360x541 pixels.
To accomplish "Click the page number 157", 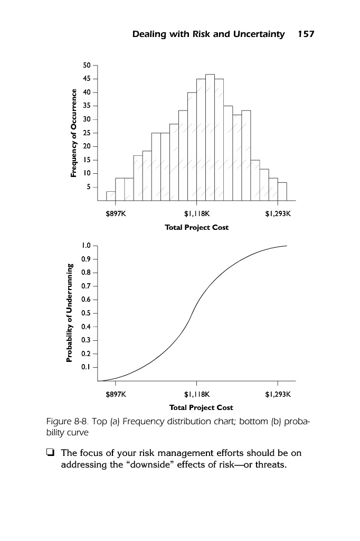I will coord(306,34).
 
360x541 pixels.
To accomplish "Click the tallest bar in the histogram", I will coord(210,137).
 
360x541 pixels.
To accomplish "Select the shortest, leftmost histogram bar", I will coord(111,196).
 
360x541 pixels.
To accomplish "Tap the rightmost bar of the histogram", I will coord(282,192).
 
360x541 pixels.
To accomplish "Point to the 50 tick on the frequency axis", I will coord(87,65).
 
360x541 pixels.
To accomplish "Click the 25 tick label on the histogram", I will coord(87,133).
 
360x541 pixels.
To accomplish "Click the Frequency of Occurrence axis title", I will coord(74,133).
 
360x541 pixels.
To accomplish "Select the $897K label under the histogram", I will coord(116,214).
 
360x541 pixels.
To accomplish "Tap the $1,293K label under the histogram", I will coord(278,214).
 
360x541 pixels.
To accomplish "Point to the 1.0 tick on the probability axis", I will coord(87,246).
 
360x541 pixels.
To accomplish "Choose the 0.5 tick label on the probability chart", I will coord(87,313).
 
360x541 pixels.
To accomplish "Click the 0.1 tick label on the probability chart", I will coord(87,367).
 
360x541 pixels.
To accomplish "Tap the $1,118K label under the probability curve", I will coord(197,394).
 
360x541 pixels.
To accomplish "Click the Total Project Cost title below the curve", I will coord(201,407).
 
